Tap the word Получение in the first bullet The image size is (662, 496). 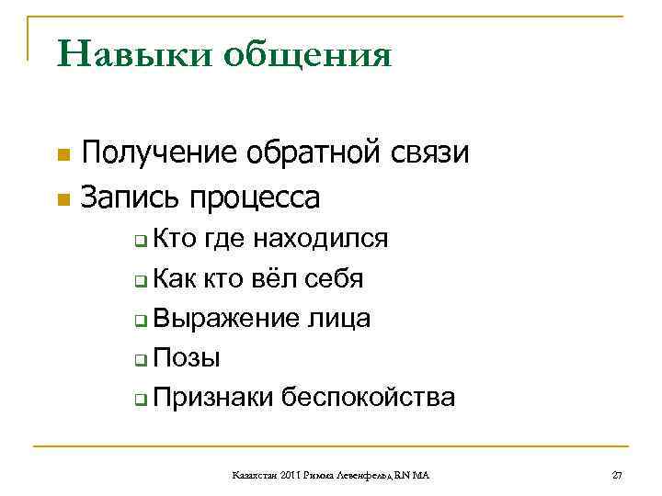coord(162,153)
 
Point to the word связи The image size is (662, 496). coord(430,153)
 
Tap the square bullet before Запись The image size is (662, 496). coord(62,198)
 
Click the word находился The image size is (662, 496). coord(320,240)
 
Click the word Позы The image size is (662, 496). coord(187,357)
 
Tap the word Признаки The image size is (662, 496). coord(214,397)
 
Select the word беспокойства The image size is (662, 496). coord(369,397)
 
